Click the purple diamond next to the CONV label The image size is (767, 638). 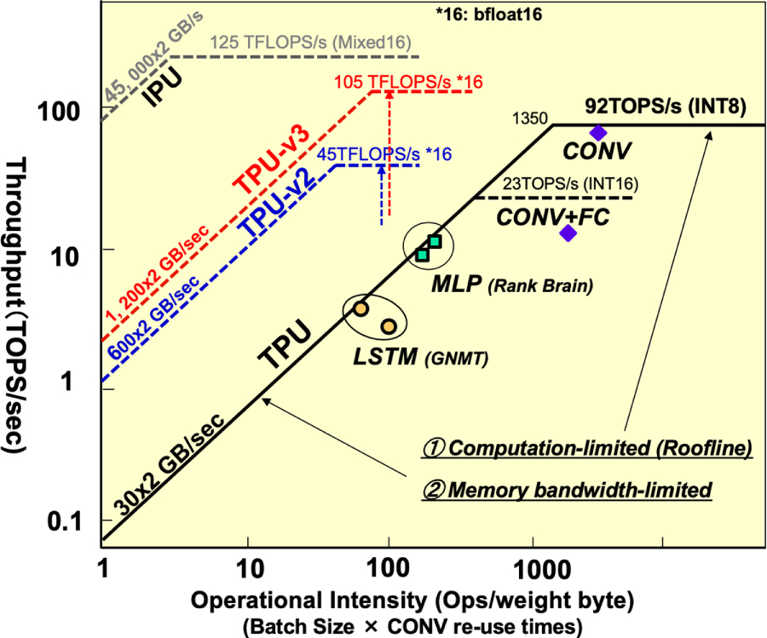point(598,132)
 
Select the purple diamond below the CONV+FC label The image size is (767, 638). point(568,233)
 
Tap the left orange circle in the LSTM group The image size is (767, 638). point(360,308)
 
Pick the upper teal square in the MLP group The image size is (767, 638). point(435,242)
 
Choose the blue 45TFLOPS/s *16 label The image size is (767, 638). point(384,153)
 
